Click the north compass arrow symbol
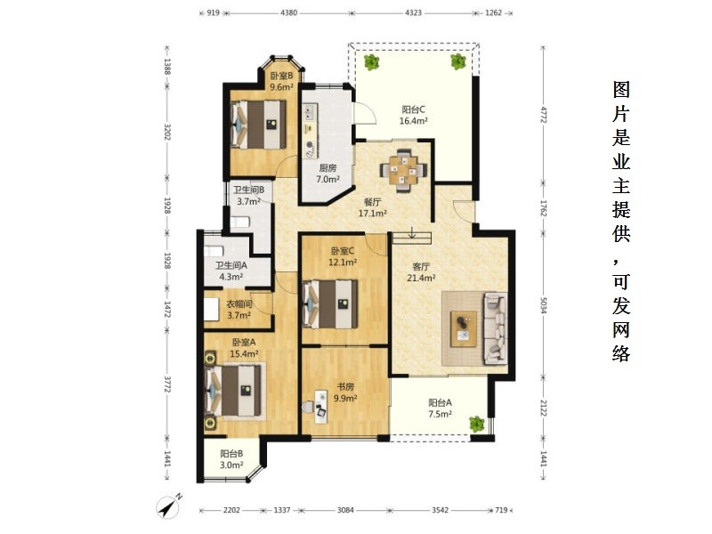coord(169,506)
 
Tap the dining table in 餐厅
coord(403,171)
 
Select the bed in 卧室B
coord(258,125)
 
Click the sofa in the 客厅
coord(496,328)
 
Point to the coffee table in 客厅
coord(464,328)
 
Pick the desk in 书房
coord(321,408)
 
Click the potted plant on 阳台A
coord(477,424)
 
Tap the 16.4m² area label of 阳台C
coord(413,121)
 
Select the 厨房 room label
coord(328,168)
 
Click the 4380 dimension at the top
coord(288,12)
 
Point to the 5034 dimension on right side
coord(544,305)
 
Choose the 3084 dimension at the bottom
coord(345,510)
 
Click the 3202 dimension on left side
coord(167,132)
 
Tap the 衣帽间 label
coord(239,304)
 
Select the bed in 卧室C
coord(330,303)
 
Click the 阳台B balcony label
coord(231,454)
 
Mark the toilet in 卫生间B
coord(239,222)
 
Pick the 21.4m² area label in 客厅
coord(421,278)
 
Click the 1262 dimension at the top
coord(494,12)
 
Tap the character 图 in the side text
coord(621,90)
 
